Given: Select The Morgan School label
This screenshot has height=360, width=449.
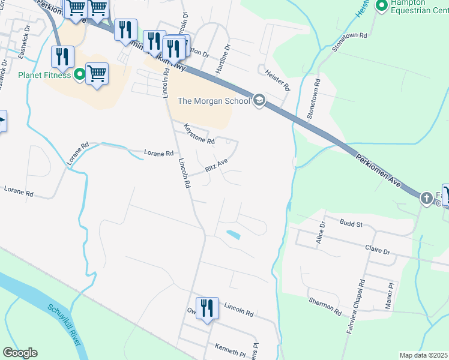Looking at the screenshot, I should pyautogui.click(x=213, y=101).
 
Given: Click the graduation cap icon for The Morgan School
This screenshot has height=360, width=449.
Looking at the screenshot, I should pyautogui.click(x=259, y=100).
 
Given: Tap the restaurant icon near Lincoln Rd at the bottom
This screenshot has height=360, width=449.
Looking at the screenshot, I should pyautogui.click(x=207, y=308).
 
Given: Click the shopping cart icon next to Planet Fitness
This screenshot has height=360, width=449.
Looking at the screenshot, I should pyautogui.click(x=97, y=74).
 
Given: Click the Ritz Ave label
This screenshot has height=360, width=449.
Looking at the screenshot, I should pyautogui.click(x=217, y=166).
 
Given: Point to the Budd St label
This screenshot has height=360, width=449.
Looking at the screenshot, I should pyautogui.click(x=351, y=224).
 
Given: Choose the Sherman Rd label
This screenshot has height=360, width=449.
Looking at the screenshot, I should pyautogui.click(x=325, y=306).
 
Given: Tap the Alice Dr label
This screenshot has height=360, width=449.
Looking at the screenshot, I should pyautogui.click(x=321, y=233).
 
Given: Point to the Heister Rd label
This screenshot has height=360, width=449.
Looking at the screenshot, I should pyautogui.click(x=277, y=79).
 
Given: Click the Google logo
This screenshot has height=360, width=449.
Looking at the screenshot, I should pyautogui.click(x=20, y=353).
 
